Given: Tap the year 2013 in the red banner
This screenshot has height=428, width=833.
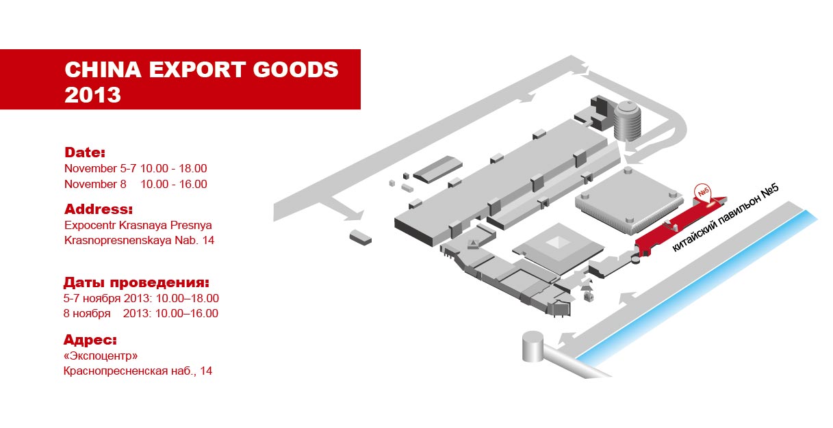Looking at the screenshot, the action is point(92,95).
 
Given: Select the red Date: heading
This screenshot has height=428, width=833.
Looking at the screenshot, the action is point(85,152).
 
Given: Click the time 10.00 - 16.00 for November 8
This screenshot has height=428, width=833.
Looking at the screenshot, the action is point(174,184).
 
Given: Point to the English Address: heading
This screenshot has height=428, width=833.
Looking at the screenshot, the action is point(99,209).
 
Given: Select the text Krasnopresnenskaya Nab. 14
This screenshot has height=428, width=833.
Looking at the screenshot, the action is point(140,241).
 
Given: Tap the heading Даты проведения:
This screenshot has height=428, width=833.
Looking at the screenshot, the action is point(136,283).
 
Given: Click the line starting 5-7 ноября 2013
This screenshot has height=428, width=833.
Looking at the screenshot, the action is point(141,298).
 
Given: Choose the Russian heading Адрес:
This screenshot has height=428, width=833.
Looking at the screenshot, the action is point(90,340).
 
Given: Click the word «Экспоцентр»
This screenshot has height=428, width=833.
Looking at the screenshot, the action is point(101,356).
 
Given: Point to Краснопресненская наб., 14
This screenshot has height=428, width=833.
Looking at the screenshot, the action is point(138,371).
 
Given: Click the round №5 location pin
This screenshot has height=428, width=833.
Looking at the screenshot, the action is point(702,193).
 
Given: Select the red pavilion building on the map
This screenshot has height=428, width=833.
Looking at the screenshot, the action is point(680,227).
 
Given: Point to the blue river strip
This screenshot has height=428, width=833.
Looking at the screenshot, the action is point(696,289).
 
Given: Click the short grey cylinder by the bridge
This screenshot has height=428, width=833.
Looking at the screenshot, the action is point(533,346).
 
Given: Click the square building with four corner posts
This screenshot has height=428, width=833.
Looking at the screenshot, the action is point(629,201).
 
